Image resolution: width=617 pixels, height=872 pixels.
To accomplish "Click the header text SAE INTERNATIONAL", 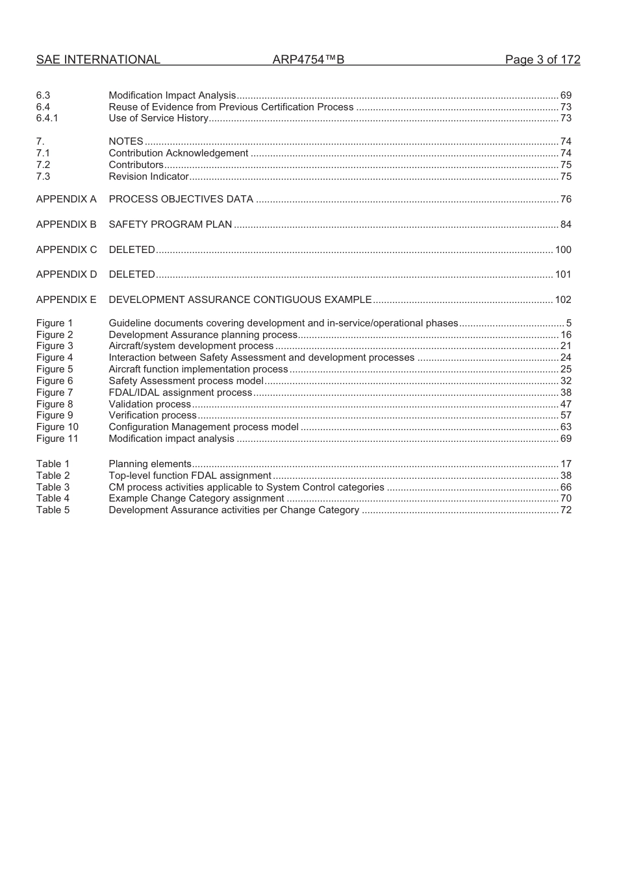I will click(97, 60).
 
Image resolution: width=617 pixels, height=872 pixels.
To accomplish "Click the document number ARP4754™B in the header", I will click(308, 60).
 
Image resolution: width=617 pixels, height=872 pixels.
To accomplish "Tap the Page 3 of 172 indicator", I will click(542, 60).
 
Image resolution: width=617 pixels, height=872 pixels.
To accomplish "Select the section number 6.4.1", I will click(47, 118).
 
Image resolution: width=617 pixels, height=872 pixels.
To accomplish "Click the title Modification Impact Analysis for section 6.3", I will click(172, 95).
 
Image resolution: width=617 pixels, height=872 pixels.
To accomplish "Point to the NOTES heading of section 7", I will click(126, 141).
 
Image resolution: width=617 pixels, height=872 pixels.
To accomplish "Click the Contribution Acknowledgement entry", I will click(178, 153).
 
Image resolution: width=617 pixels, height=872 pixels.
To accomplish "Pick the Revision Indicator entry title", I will click(148, 176).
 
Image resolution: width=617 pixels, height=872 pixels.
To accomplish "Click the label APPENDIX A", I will click(66, 199).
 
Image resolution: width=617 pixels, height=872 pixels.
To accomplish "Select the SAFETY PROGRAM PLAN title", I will click(170, 224).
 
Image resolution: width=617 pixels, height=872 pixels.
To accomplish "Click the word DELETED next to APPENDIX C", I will click(132, 250).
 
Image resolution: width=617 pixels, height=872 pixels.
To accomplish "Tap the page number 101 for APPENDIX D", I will click(563, 274).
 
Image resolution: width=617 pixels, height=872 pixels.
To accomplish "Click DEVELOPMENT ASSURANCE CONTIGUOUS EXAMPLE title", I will click(240, 300).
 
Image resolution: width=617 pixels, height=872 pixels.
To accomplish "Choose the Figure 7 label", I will click(55, 393).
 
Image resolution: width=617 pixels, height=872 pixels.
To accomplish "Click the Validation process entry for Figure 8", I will click(149, 404).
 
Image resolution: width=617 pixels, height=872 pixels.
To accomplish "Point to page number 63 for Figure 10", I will click(566, 427).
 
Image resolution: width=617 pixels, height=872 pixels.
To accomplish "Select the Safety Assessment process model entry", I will click(186, 381).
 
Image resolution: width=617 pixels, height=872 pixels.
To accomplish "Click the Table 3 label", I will click(53, 487).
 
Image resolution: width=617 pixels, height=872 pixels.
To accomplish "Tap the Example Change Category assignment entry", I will click(196, 498).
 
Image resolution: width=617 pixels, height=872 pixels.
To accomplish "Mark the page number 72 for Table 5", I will click(566, 510).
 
